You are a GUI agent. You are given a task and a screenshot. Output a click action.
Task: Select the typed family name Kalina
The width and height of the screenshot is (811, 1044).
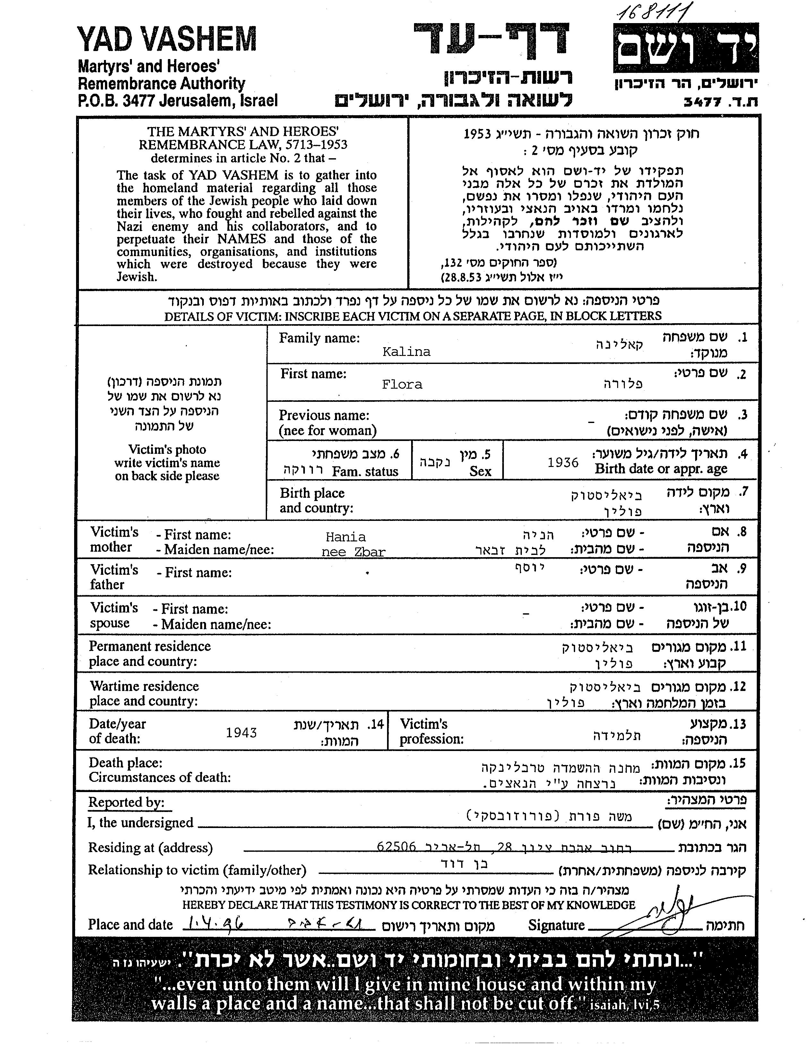point(406,352)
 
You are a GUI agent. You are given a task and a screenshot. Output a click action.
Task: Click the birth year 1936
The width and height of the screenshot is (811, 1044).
point(563,462)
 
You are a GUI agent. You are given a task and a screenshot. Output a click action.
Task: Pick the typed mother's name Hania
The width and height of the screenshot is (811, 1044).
point(346,537)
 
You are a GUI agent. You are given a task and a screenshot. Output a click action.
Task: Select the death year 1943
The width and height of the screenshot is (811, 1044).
point(241,733)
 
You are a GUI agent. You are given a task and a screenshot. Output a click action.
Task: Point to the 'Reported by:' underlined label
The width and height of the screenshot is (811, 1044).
point(126,803)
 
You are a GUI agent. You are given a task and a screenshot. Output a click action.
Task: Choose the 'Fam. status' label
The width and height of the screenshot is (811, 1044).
point(365,472)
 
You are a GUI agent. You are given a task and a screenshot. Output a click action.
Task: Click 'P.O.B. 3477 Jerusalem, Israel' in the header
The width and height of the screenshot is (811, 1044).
point(177,101)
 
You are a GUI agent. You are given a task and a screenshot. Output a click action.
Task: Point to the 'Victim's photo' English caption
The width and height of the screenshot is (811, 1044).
point(167,450)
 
